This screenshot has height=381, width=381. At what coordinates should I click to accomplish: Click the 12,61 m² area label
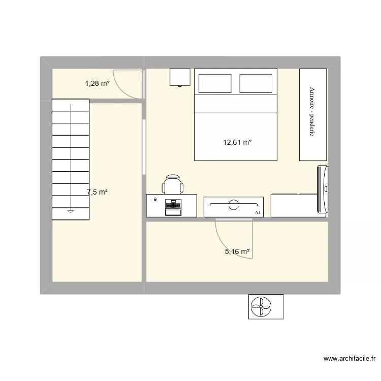point(237,143)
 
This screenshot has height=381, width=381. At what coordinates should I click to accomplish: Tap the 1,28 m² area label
point(97,83)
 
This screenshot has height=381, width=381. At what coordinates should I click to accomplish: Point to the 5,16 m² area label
point(237,251)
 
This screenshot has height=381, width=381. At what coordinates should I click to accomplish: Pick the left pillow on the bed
point(215,83)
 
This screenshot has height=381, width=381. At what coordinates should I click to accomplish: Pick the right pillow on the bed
point(256,83)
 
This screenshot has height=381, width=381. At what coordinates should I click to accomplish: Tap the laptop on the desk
point(173,206)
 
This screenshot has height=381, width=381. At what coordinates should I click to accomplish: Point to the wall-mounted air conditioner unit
point(323,188)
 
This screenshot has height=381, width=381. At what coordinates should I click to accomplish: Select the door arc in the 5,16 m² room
point(235,241)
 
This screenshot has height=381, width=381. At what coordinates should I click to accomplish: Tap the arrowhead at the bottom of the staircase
point(71,211)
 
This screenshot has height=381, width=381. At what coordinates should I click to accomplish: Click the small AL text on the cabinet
point(258,212)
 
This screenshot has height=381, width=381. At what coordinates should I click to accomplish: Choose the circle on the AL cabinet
point(234,205)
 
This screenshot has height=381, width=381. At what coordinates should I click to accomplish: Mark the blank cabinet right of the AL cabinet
point(294,205)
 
